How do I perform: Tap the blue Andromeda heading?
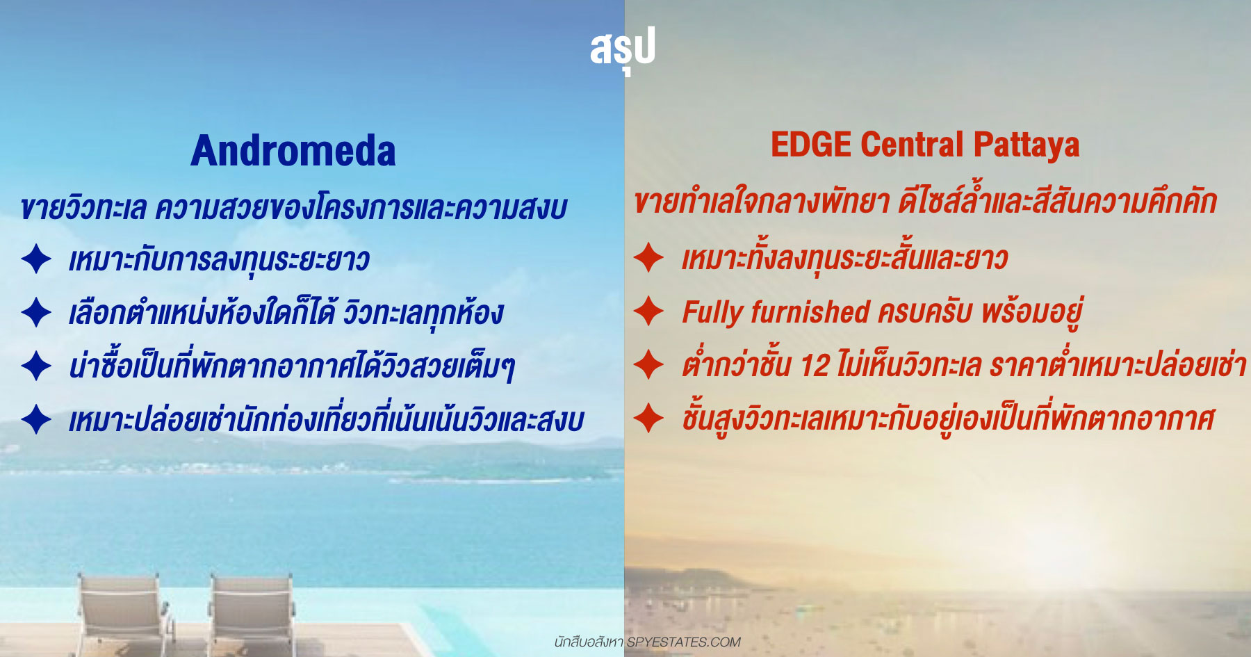293,151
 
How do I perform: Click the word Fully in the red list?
713,313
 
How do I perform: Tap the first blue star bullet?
36,259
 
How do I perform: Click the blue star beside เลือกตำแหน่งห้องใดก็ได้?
36,312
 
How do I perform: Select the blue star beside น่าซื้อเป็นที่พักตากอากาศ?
36,366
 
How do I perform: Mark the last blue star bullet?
36,419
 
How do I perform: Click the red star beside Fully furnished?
649,311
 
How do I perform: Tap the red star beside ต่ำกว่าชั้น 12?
649,364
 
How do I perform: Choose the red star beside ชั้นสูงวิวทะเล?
649,418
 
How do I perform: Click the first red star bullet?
649,257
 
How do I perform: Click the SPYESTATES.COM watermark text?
683,642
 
